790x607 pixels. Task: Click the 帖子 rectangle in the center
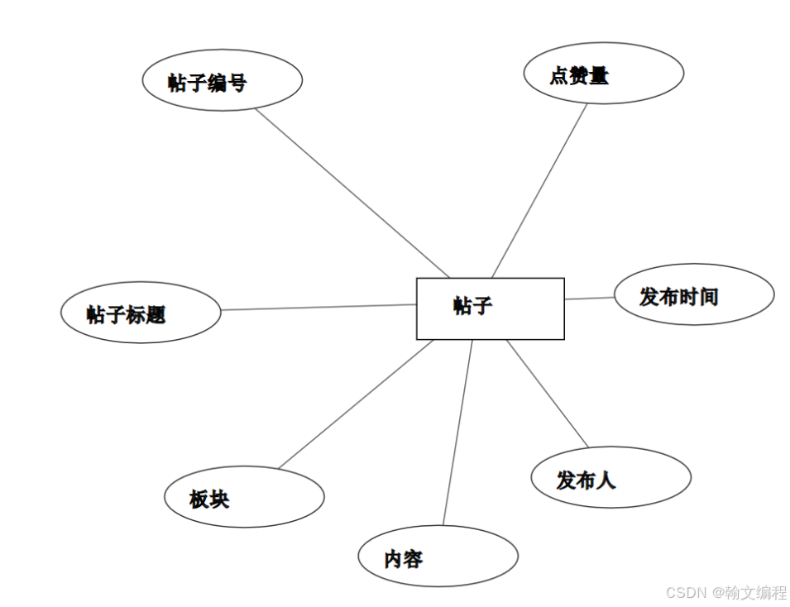490,308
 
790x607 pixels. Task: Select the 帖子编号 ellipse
222,80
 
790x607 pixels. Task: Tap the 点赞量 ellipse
603,74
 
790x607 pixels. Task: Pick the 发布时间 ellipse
693,294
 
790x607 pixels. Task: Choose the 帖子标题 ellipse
141,313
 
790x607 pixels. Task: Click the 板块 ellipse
244,497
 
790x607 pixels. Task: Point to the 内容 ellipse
438,557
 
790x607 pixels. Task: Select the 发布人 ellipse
610,477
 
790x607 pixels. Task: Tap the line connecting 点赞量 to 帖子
539,190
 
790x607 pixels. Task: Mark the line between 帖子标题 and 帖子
318,308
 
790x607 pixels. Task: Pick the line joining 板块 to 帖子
356,404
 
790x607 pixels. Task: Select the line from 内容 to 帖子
457,433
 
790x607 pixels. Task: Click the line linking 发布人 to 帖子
548,394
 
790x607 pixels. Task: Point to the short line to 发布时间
589,298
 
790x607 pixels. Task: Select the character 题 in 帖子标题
156,314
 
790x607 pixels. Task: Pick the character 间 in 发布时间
708,296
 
